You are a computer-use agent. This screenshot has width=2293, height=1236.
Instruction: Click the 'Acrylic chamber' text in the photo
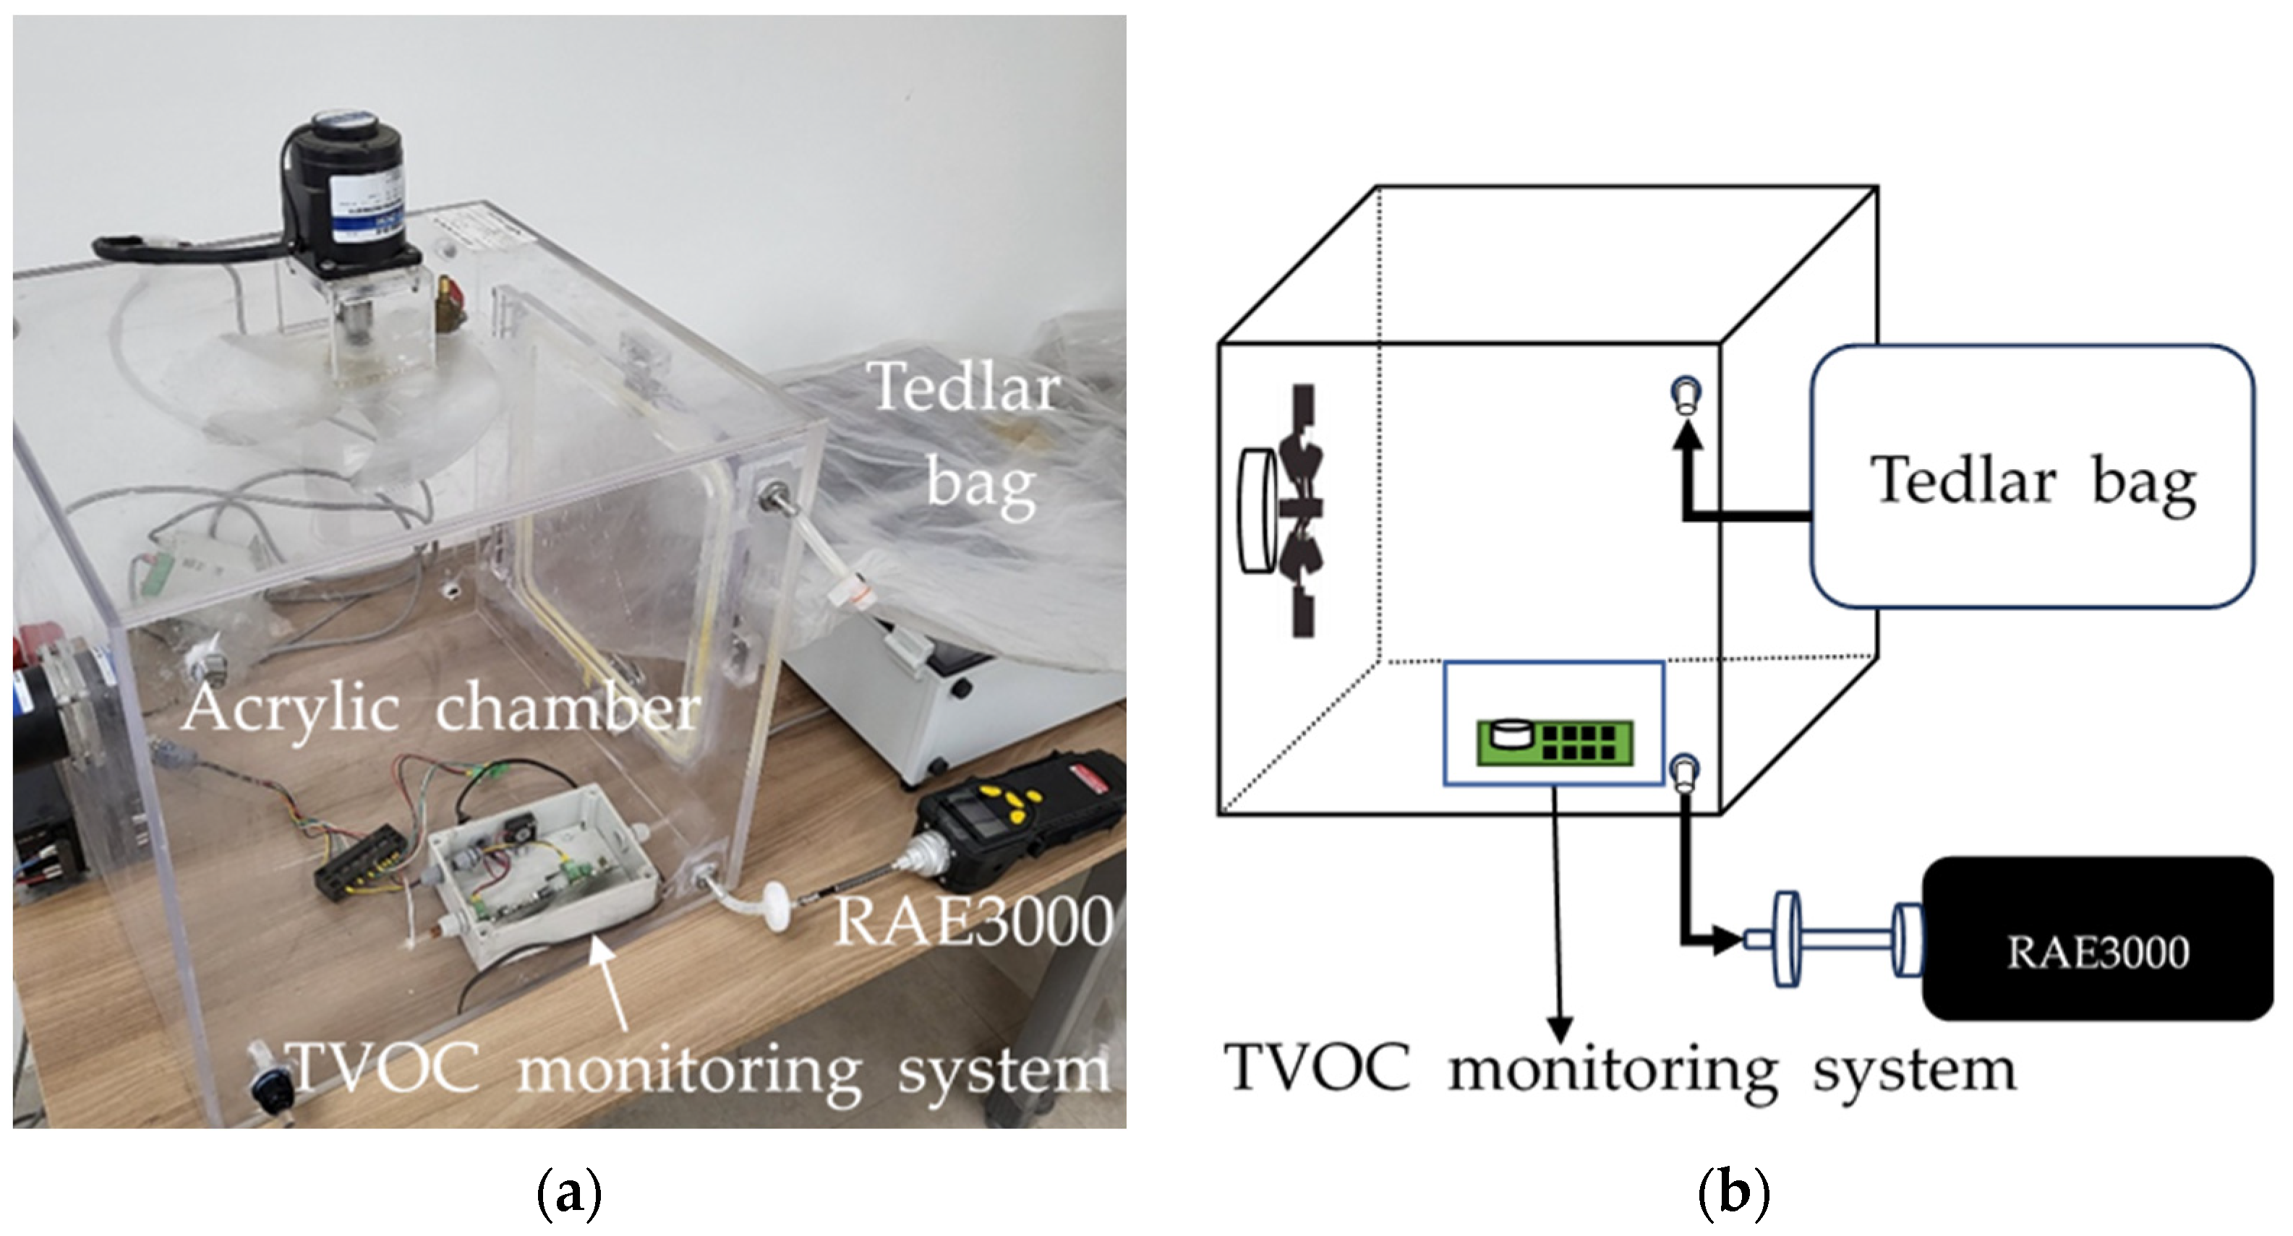[x=440, y=709]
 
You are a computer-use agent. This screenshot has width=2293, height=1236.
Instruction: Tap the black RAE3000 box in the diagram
[x=2096, y=939]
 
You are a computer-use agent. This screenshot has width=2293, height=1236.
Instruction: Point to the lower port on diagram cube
[x=1685, y=771]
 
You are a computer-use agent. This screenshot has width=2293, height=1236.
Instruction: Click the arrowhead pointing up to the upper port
[x=1686, y=434]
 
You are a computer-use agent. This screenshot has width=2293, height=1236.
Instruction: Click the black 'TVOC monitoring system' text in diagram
[x=1620, y=1068]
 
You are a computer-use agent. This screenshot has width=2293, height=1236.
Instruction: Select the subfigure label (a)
[x=570, y=1193]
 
